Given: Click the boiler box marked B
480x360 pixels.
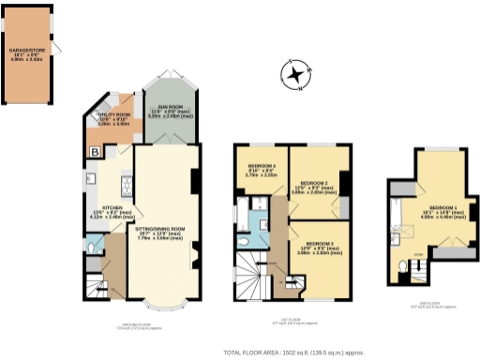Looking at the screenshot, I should [94, 151].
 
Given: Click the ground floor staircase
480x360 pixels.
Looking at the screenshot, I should [92, 281].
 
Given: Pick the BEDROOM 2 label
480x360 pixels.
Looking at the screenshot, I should [316, 185].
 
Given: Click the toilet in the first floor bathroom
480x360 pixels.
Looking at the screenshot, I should [244, 241].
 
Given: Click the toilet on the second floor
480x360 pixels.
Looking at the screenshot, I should [403, 267].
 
